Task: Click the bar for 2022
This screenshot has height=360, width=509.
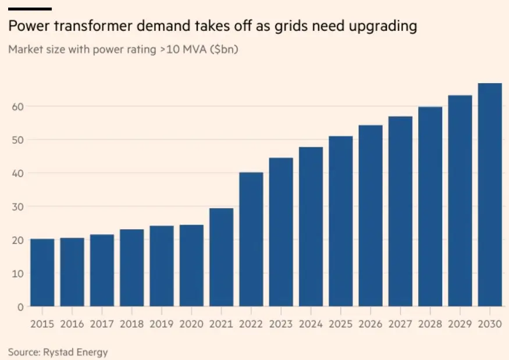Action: click(x=251, y=239)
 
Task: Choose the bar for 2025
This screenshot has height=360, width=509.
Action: click(x=341, y=221)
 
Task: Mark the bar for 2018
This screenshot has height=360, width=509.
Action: click(x=132, y=268)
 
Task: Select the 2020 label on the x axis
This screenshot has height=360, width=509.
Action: click(x=191, y=323)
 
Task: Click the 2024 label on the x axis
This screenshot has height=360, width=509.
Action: click(x=311, y=323)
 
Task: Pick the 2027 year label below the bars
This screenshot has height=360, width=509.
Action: click(x=400, y=323)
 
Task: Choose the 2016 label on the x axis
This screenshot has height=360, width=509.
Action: click(x=72, y=323)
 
